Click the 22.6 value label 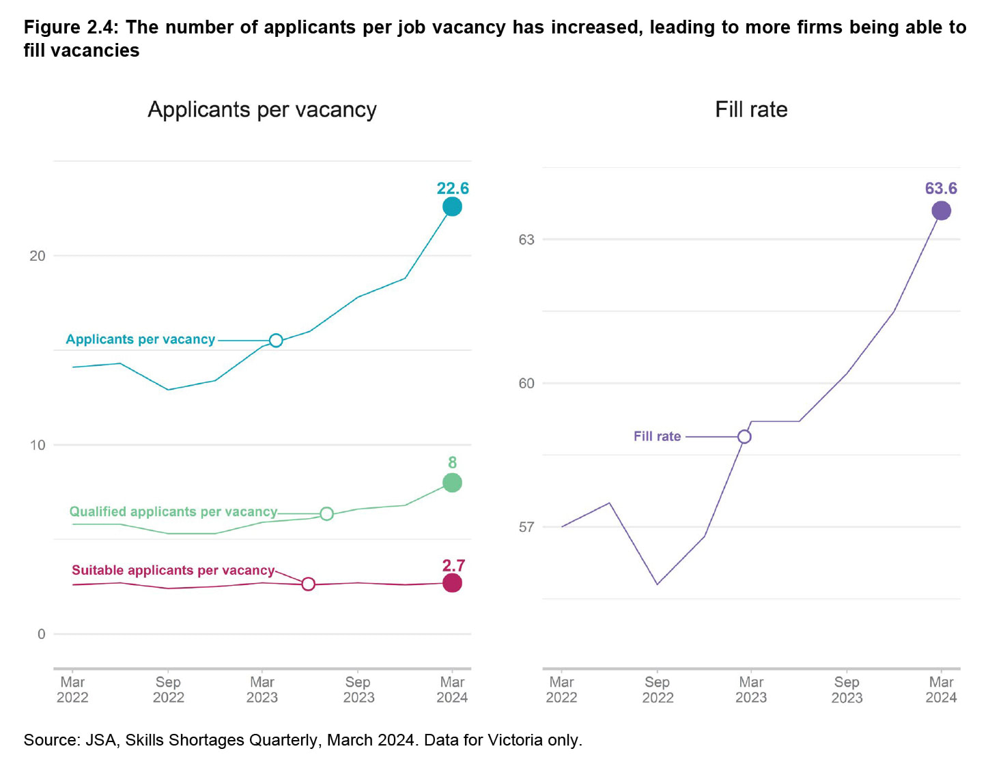point(453,188)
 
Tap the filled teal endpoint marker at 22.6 point(452,206)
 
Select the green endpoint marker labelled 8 point(452,483)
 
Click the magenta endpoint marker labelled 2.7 point(452,583)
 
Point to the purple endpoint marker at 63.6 point(941,211)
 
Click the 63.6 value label point(941,188)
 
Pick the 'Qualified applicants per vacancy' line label point(173,512)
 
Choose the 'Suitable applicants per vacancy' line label point(173,570)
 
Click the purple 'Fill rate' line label point(657,436)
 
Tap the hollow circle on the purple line point(744,436)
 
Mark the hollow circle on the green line point(326,513)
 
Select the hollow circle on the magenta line point(308,584)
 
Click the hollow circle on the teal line point(276,340)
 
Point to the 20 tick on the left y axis point(38,256)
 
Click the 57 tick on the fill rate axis point(526,527)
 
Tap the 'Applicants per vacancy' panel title point(262,110)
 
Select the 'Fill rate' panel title point(751,110)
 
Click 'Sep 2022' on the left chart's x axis point(168,690)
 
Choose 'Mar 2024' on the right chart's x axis point(941,690)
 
